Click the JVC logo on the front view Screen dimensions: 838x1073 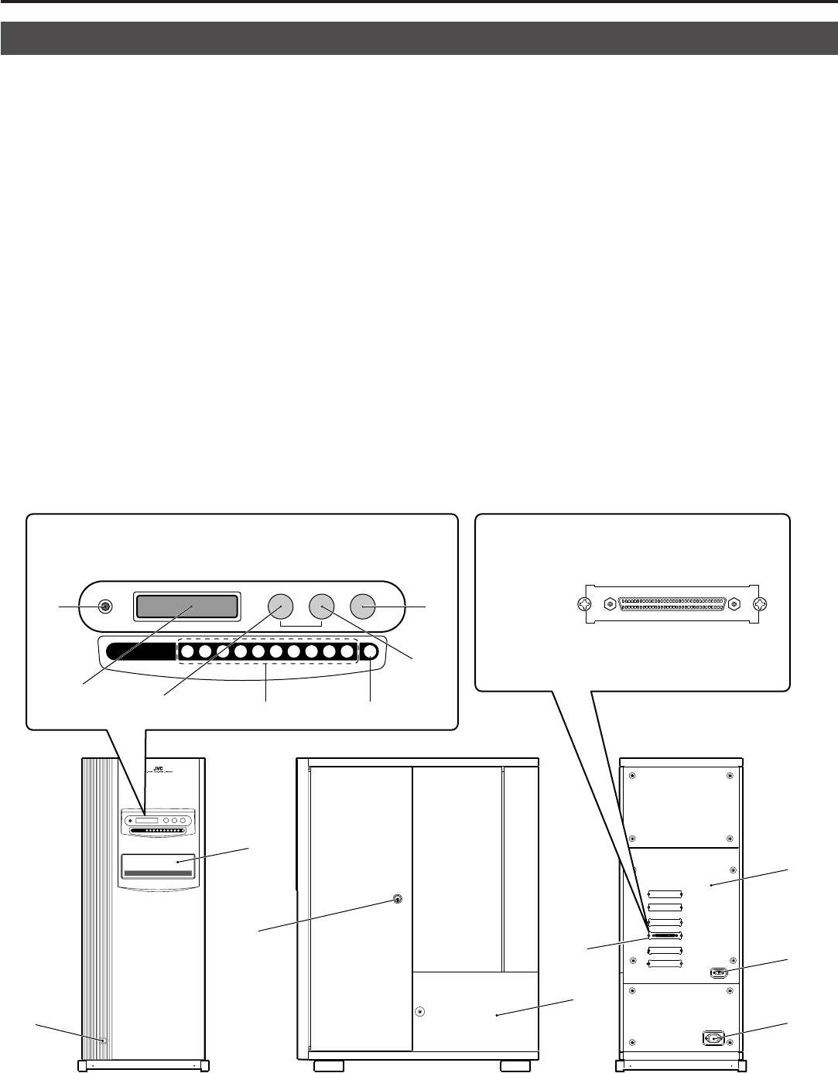pyautogui.click(x=159, y=769)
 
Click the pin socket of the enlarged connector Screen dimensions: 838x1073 pyautogui.click(x=672, y=604)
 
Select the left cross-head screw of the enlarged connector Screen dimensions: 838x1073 pyautogui.click(x=586, y=604)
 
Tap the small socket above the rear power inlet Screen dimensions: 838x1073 pyautogui.click(x=717, y=973)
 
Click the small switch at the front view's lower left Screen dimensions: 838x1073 pyautogui.click(x=102, y=1040)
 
